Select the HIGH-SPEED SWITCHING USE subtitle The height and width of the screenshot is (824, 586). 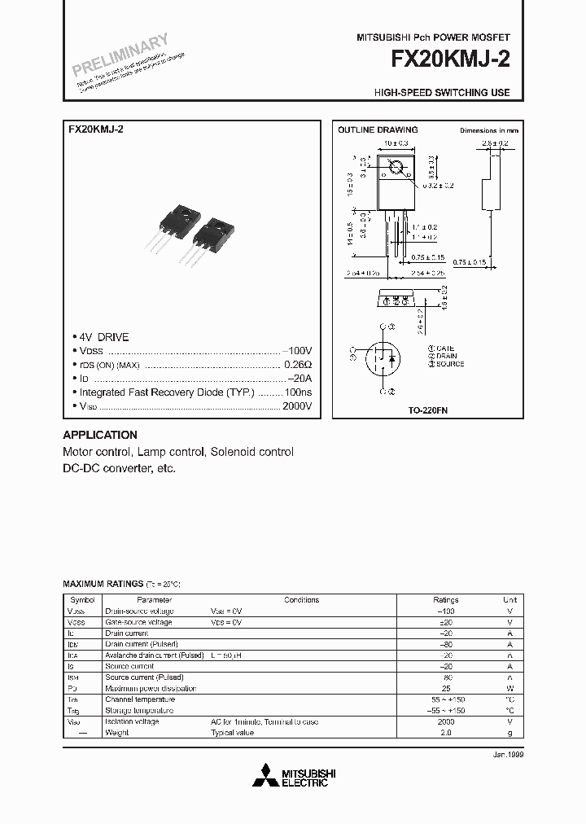point(442,93)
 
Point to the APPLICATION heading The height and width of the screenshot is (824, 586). point(100,435)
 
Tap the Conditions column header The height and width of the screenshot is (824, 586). point(301,600)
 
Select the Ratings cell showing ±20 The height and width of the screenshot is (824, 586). point(446,622)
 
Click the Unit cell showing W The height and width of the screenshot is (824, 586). point(510,688)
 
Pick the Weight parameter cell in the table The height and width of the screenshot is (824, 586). point(117,733)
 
